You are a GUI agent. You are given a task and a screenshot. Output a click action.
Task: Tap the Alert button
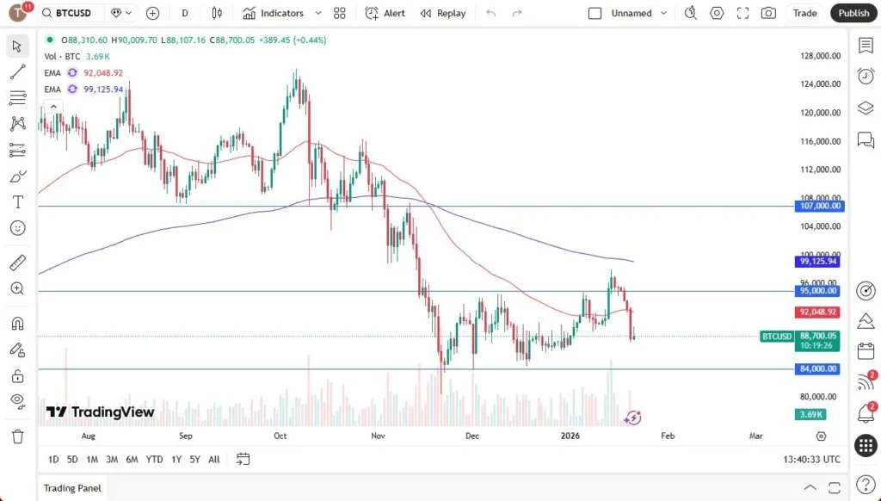point(385,13)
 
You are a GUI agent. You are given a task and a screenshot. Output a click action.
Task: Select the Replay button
point(443,13)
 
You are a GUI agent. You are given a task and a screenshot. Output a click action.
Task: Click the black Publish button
point(853,13)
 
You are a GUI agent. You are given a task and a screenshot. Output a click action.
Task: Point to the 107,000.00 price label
point(820,207)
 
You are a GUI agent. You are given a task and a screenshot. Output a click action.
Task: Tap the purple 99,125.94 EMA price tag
point(818,261)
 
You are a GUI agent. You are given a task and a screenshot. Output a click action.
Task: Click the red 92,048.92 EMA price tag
point(818,312)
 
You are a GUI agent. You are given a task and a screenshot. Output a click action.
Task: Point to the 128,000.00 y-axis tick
point(819,56)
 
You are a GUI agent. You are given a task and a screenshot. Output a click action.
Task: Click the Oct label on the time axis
point(280,436)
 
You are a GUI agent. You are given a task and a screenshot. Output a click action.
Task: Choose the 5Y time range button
point(195,459)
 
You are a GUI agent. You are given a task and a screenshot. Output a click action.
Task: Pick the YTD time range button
point(154,459)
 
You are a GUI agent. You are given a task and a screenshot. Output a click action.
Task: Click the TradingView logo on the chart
point(101,412)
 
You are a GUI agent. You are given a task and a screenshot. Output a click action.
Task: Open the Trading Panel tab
point(72,488)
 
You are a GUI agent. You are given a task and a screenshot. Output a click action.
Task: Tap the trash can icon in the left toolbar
point(17,436)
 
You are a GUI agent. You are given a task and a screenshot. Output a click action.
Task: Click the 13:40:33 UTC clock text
point(812,459)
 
